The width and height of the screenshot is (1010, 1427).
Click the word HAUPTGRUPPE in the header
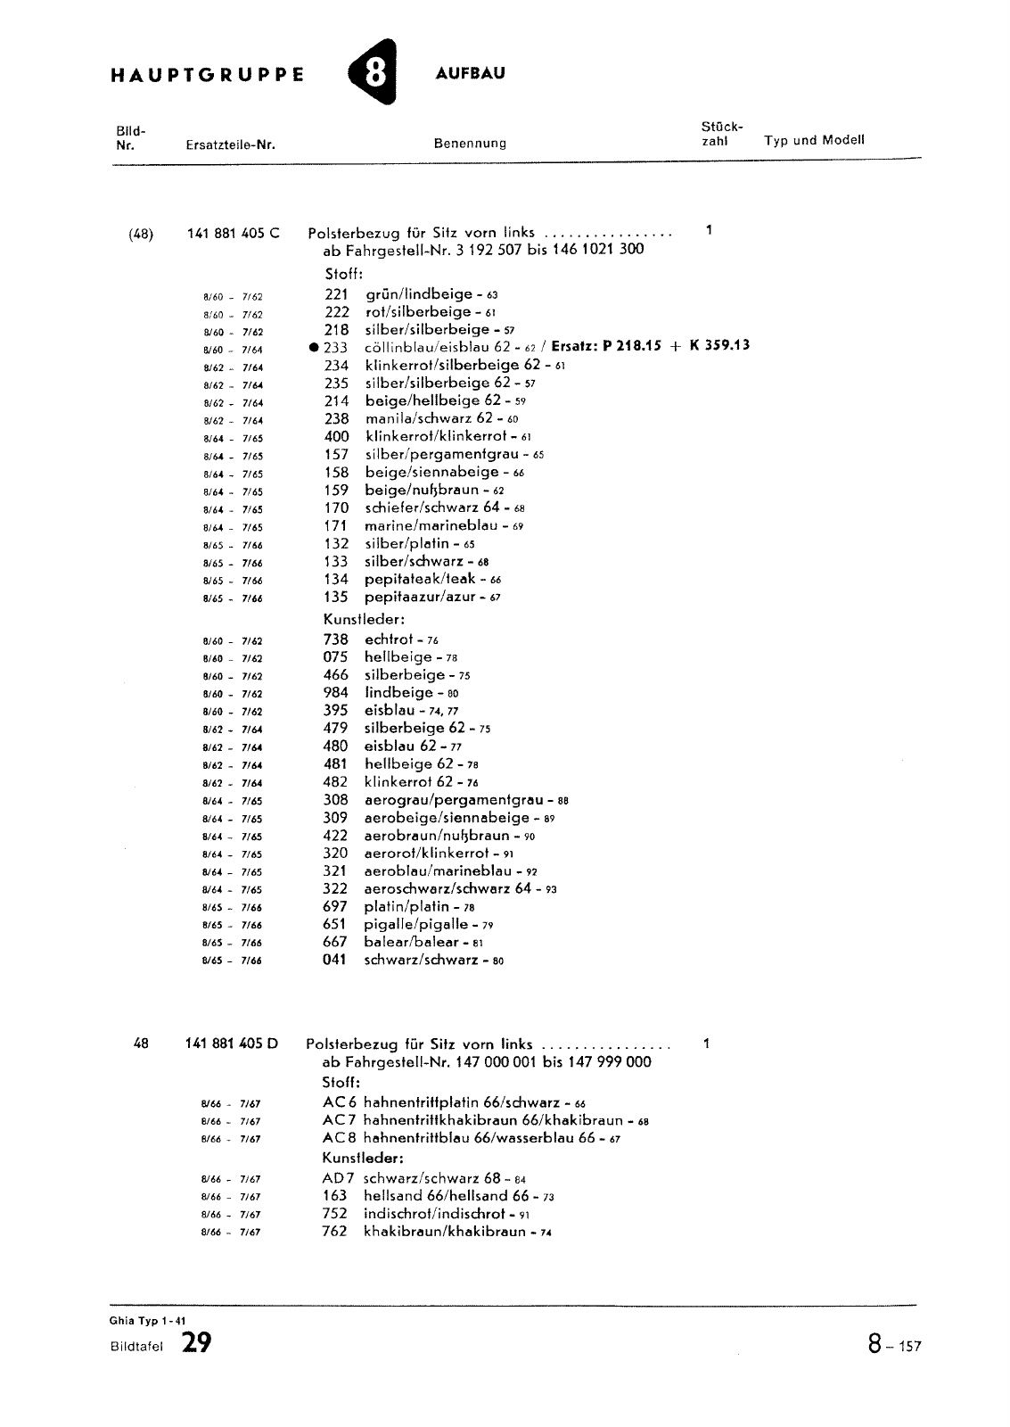pos(207,75)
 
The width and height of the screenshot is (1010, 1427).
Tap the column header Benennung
pos(470,144)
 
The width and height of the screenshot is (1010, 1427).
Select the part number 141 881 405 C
pos(234,234)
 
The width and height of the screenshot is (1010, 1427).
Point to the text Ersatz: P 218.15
pos(606,347)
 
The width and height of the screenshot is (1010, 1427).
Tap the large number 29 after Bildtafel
pos(196,1343)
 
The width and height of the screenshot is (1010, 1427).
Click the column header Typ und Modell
pos(814,141)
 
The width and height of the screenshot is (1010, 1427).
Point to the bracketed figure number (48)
pos(141,235)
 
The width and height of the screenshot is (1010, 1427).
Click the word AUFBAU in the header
pos(470,73)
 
